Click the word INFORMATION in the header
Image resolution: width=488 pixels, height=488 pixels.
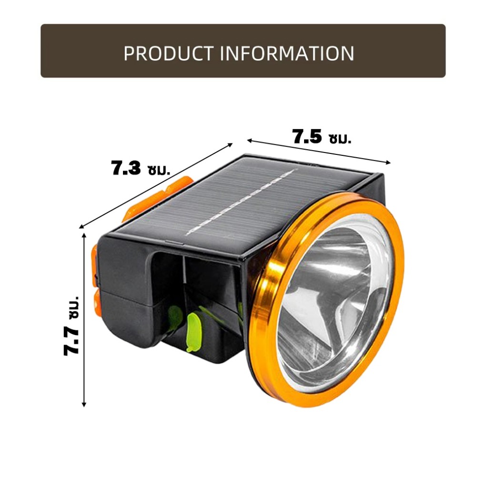tap(287, 53)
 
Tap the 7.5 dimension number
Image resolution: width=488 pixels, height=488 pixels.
tap(307, 137)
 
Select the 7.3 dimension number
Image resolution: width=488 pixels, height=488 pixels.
tap(126, 168)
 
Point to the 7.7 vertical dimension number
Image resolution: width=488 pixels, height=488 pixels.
tap(71, 340)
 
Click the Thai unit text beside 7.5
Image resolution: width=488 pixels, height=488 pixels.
tap(340, 139)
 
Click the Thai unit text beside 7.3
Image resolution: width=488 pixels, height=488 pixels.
tap(159, 170)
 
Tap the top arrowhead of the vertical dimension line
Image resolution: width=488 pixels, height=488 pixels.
tap(84, 234)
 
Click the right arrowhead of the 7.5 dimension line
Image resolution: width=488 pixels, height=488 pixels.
tap(388, 162)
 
